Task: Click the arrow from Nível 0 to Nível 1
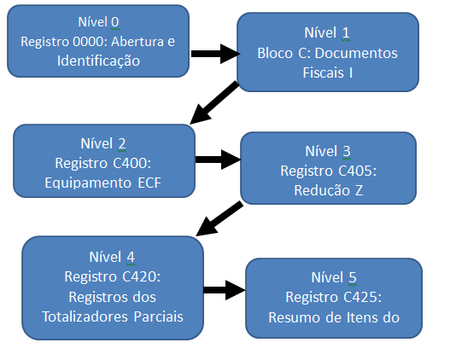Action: pos(215,54)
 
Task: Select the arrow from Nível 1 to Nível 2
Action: pos(214,102)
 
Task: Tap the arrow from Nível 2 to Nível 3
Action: pos(218,160)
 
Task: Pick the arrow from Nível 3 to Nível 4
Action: pos(219,218)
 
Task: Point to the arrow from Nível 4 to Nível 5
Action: pos(225,290)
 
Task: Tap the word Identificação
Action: pos(98,61)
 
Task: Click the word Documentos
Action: pos(356,54)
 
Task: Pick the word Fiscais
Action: pos(323,73)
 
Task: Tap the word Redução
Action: pos(322,191)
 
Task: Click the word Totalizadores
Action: pos(85,316)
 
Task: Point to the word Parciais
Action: pos(159,316)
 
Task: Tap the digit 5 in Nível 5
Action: pos(353,277)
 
